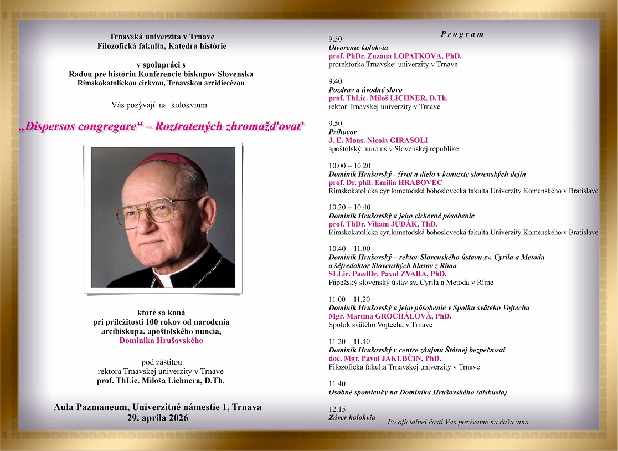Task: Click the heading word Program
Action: coord(462,34)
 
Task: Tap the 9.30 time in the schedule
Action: coord(335,39)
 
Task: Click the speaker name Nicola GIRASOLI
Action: coord(399,140)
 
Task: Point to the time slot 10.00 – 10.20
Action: coord(349,166)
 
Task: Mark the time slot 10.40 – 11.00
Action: coord(349,249)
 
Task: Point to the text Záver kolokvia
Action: coord(352,417)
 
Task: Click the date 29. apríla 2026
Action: coord(157,418)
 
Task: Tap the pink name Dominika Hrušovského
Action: coord(161,340)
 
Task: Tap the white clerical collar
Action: coord(172,275)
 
